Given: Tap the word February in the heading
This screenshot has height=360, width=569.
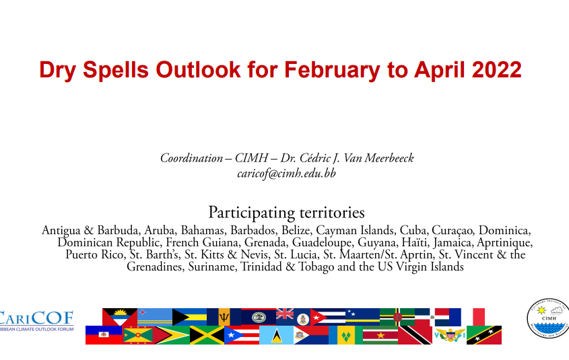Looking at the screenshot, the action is [332, 70].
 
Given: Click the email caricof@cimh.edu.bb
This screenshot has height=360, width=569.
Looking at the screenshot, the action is [286, 174].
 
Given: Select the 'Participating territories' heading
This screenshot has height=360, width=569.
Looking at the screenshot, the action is [286, 213].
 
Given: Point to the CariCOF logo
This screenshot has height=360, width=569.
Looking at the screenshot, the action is [36, 320].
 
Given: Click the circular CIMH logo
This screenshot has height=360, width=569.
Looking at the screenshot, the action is [548, 318].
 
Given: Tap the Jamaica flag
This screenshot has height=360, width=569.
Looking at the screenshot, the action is [207, 335].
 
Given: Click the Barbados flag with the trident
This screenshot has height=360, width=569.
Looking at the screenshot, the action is [224, 317].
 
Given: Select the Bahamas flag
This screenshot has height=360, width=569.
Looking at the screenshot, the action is [189, 317].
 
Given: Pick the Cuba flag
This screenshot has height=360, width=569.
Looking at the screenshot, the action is [328, 317].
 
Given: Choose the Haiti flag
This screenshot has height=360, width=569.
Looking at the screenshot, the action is [104, 335].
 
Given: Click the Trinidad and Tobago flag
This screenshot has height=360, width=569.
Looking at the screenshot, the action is [415, 335].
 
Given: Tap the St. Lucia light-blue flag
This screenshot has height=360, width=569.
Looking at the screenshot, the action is [276, 335].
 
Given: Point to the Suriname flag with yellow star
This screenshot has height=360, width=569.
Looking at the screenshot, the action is [380, 335].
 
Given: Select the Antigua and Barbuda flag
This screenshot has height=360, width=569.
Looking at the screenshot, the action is [120, 317].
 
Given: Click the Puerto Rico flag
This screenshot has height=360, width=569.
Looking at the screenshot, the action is [242, 335].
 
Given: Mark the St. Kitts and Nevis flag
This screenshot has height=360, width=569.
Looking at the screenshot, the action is [484, 335].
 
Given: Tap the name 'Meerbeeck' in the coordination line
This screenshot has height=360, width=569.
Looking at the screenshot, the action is [389, 158].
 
